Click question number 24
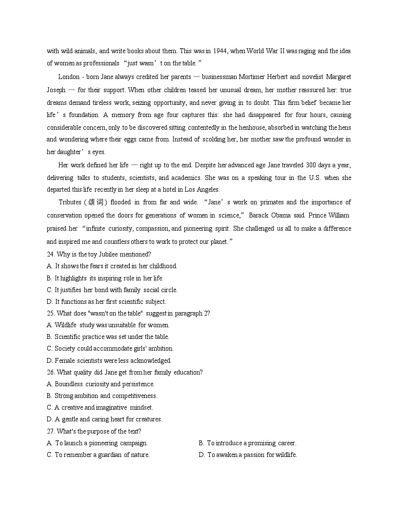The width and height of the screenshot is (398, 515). click(51, 254)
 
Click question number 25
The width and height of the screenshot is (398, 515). click(51, 313)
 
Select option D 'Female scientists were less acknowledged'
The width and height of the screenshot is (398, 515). click(109, 360)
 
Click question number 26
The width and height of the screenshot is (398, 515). click(51, 372)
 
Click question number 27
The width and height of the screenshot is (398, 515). click(51, 431)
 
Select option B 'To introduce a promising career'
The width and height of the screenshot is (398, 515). click(247, 443)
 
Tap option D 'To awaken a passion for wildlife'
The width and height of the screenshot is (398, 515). click(248, 455)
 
